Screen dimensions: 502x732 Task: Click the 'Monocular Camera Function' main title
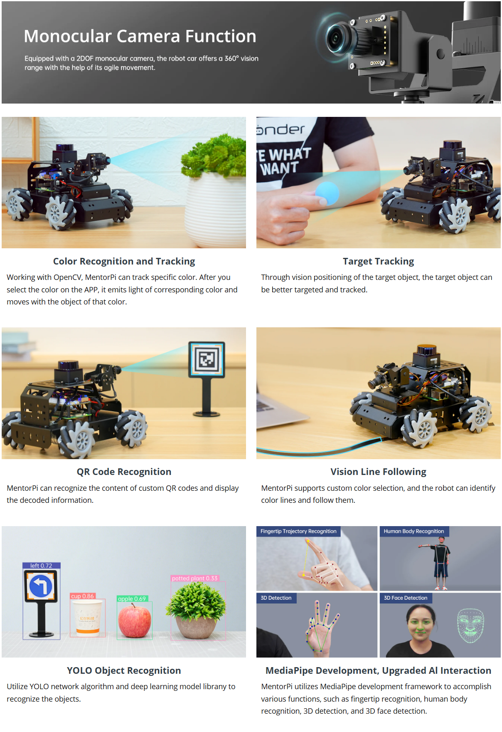140,36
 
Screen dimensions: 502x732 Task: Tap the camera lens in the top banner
335,38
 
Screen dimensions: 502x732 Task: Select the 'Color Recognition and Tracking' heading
124,261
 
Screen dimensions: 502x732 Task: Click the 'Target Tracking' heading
378,261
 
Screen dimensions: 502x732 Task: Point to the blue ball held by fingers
327,193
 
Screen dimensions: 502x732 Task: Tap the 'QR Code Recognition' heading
124,472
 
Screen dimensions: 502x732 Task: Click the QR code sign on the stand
207,359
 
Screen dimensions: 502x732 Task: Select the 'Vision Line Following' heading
378,472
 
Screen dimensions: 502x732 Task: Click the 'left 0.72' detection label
41,566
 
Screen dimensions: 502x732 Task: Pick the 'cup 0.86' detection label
83,596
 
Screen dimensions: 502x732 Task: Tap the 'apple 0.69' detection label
132,598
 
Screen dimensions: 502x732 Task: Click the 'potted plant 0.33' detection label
194,578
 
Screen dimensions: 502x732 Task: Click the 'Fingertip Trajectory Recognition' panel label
298,531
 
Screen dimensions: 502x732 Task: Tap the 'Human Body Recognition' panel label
414,531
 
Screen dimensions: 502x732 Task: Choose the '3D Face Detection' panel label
406,598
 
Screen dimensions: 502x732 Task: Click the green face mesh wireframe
471,626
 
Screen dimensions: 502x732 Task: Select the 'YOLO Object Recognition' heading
124,670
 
